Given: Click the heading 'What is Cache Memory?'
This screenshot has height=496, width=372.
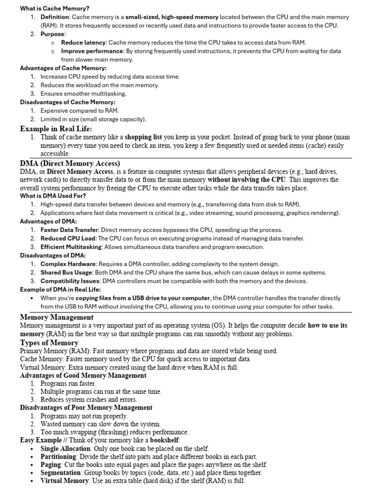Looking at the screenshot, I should click(55, 8).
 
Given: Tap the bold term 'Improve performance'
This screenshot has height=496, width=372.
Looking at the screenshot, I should click(92, 51).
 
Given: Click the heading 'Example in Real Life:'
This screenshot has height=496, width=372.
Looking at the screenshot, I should click(56, 128).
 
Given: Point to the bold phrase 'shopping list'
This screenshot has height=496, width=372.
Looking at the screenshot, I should click(144, 137).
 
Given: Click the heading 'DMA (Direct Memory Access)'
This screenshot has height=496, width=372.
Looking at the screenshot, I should click(70, 163).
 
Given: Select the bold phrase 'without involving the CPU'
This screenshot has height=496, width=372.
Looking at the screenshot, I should click(246, 179).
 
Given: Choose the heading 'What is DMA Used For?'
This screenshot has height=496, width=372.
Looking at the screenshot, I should click(53, 196).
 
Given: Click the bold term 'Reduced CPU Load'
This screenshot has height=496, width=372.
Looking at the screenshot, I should click(68, 238).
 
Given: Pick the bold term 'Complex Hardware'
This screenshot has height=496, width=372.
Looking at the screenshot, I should click(68, 264).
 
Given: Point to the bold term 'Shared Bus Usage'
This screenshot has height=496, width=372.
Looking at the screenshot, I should click(67, 272).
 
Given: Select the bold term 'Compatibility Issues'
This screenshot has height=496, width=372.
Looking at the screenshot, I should click(70, 281).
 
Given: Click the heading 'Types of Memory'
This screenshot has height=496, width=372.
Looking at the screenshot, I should click(49, 342).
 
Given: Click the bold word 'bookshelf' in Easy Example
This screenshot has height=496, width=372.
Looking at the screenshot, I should click(164, 440).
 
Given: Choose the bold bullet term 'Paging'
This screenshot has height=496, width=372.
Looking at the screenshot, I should click(51, 464).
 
